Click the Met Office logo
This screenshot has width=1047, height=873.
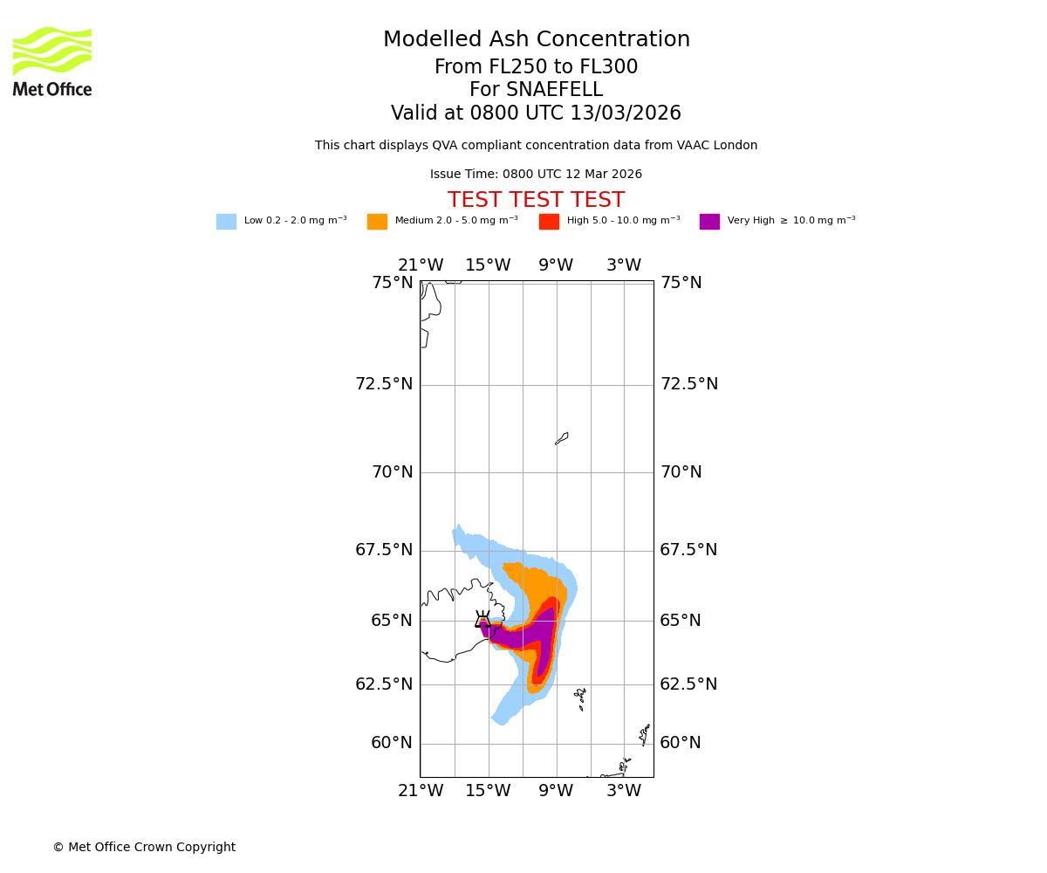pyautogui.click(x=52, y=61)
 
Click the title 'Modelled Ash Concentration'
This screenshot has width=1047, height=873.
pyautogui.click(x=536, y=40)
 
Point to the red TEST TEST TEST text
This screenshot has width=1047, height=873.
pyautogui.click(x=536, y=201)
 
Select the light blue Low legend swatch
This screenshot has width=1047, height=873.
pyautogui.click(x=226, y=222)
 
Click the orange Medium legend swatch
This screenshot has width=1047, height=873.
pyautogui.click(x=377, y=222)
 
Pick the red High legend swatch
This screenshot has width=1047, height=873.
pyautogui.click(x=549, y=222)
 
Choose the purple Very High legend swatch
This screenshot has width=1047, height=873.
pyautogui.click(x=709, y=222)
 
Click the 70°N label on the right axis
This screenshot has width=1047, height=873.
pyautogui.click(x=681, y=472)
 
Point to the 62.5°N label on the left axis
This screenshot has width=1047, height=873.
pyautogui.click(x=384, y=684)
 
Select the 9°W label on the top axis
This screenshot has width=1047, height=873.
pyautogui.click(x=556, y=265)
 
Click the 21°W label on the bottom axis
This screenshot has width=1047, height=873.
pyautogui.click(x=421, y=791)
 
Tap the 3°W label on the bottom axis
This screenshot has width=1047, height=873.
pyautogui.click(x=624, y=791)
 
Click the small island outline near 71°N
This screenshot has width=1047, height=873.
pyautogui.click(x=562, y=438)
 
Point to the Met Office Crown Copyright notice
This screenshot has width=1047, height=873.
pyautogui.click(x=144, y=848)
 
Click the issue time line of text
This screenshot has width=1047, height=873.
pyautogui.click(x=536, y=175)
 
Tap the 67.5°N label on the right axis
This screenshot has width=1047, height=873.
pyautogui.click(x=688, y=550)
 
